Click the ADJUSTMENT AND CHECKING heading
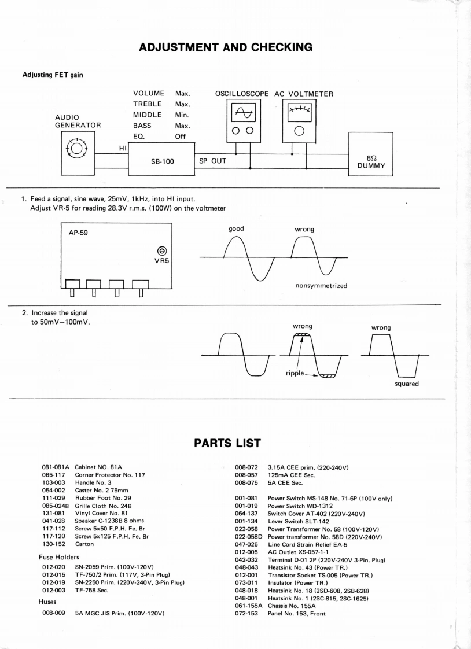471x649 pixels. click(226, 47)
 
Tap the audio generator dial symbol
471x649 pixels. click(78, 149)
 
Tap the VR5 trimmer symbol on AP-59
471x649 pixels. click(163, 250)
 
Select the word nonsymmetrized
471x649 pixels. click(321, 286)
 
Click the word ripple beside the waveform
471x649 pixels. click(295, 373)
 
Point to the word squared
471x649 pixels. click(407, 384)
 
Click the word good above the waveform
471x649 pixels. click(236, 228)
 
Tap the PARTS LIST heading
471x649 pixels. click(226, 443)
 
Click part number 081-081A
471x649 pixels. click(56, 467)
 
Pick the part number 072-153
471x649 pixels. click(247, 613)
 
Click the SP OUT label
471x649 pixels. click(212, 161)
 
